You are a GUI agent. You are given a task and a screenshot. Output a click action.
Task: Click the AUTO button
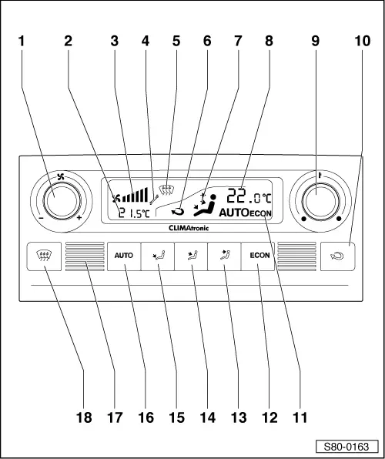(x=123, y=256)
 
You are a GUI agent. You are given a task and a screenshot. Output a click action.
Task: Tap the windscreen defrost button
(x=44, y=256)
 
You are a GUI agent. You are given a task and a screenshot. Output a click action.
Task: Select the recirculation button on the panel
(x=338, y=256)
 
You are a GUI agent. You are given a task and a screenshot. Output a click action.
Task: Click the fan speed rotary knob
(x=62, y=202)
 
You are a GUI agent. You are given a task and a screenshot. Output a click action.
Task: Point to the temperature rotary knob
(x=320, y=201)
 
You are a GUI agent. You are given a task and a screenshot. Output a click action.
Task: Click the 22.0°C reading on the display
(x=249, y=196)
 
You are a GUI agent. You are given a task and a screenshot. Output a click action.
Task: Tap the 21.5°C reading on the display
(x=133, y=213)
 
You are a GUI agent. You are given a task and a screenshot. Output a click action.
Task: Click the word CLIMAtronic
(x=189, y=228)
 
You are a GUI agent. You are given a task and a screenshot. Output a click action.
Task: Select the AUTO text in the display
(x=233, y=213)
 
